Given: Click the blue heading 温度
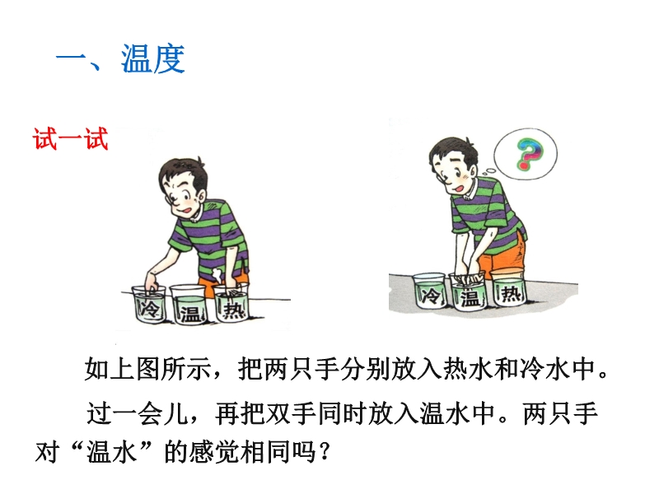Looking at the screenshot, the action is [153, 58].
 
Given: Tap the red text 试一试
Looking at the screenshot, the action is [71, 138].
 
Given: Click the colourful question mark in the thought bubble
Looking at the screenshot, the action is [529, 154].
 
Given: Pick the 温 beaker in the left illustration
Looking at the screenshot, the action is [189, 305].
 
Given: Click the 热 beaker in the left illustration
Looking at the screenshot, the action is [232, 303].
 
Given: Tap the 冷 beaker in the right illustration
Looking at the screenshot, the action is [429, 291].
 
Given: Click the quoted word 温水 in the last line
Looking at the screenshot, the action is [112, 452].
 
